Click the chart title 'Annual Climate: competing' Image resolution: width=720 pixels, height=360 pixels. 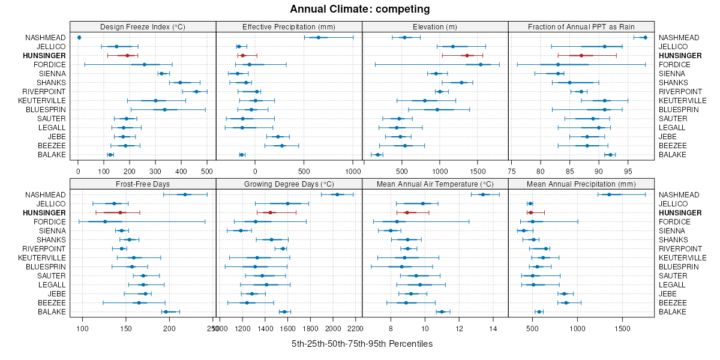[359, 9]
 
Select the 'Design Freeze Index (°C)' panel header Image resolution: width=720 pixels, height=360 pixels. [143, 26]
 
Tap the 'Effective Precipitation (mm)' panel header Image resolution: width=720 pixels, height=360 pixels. [289, 26]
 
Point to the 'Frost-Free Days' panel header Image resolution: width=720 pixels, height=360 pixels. [143, 183]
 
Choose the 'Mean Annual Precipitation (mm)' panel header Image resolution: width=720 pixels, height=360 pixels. [580, 183]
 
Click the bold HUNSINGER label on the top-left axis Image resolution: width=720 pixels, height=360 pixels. [44, 56]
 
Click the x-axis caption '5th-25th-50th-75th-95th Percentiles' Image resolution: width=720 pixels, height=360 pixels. [362, 344]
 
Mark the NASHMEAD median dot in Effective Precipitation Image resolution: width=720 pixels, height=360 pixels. [319, 37]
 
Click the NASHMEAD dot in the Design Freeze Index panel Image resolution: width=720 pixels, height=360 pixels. [79, 37]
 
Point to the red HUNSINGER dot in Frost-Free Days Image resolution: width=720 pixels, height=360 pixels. [120, 212]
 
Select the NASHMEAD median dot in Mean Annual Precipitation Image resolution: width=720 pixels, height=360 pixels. [609, 194]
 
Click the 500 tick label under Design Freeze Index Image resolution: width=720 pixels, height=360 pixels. [207, 171]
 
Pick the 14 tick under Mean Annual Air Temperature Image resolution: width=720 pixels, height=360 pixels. [493, 328]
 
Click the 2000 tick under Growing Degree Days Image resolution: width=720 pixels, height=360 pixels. [333, 328]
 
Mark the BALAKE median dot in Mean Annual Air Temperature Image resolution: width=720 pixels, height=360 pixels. [442, 311]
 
